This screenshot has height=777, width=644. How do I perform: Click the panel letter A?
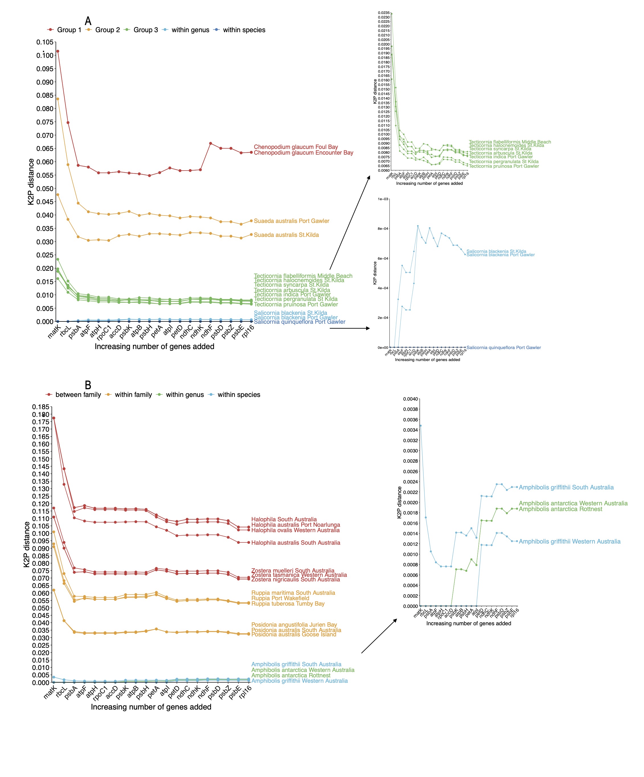(x=88, y=21)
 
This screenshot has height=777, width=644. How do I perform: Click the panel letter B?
(x=88, y=385)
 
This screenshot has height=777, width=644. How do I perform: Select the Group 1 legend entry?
(x=64, y=30)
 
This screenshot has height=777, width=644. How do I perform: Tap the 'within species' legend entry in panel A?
(x=240, y=30)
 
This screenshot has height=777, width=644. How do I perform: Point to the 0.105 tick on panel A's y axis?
(x=45, y=42)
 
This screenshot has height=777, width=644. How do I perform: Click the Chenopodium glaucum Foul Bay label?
(x=296, y=147)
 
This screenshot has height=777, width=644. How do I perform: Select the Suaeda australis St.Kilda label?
(x=286, y=235)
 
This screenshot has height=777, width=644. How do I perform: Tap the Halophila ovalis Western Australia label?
(x=295, y=530)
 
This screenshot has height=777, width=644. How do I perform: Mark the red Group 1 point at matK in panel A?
(x=58, y=52)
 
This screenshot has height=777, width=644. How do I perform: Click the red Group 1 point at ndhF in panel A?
(x=210, y=143)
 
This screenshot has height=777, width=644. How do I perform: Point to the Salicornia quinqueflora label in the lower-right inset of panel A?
(x=503, y=347)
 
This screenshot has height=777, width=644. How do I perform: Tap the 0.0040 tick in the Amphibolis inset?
(x=410, y=399)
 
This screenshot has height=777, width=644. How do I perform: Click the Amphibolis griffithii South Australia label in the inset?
(x=566, y=487)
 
